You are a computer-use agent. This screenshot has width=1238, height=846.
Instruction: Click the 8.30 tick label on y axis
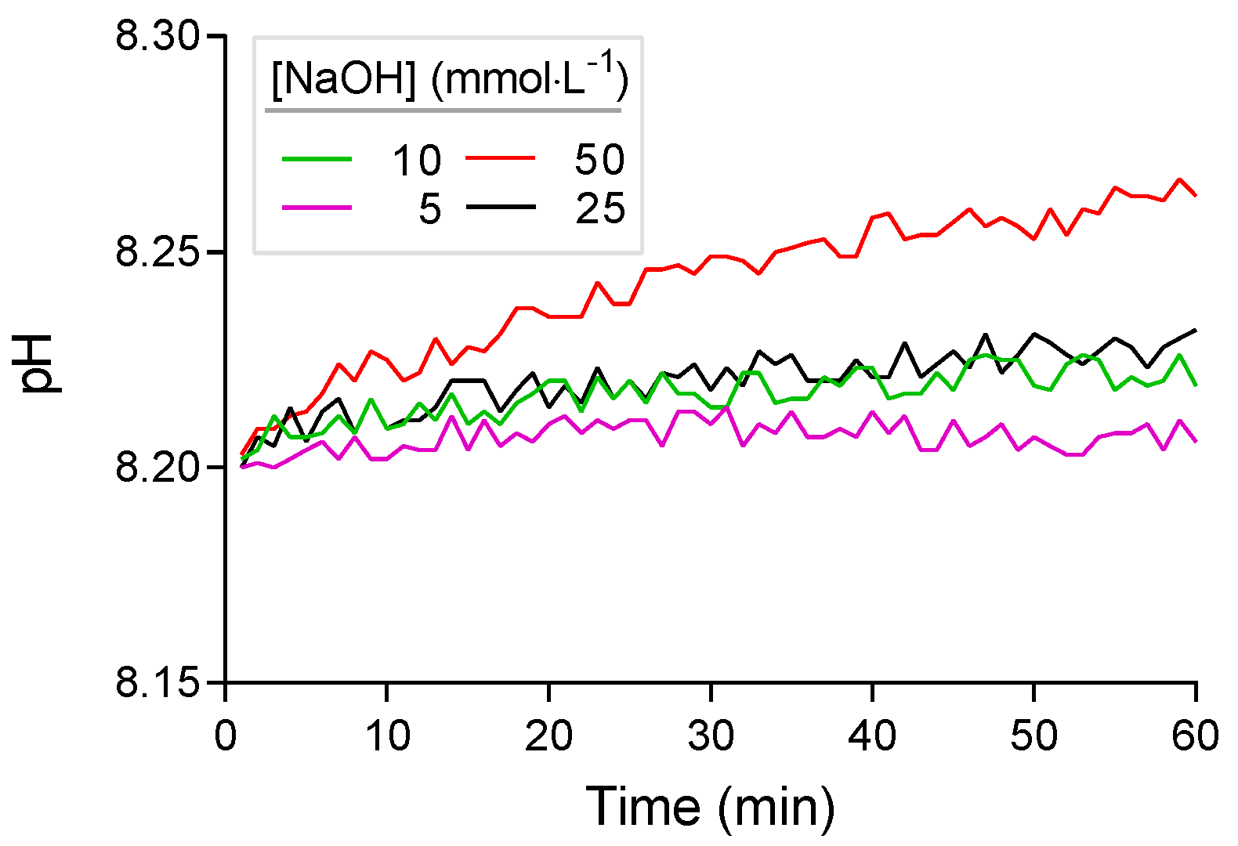(x=157, y=37)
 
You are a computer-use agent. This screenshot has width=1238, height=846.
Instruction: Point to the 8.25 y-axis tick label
(x=157, y=252)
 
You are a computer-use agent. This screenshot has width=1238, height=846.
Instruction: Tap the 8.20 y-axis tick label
(x=157, y=468)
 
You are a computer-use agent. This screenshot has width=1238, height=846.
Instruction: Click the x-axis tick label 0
(x=226, y=736)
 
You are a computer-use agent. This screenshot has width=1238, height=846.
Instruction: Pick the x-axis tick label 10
(x=387, y=736)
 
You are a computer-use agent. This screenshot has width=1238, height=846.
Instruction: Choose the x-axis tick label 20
(x=548, y=736)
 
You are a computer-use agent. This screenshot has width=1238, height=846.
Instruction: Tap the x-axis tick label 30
(x=711, y=736)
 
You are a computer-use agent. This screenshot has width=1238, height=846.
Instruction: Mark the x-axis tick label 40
(x=872, y=736)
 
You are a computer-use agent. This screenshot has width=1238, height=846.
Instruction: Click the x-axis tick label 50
(x=1033, y=736)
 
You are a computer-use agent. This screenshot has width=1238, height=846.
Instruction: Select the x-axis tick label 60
(x=1195, y=736)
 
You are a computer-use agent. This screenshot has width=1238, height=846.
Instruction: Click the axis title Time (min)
(x=710, y=806)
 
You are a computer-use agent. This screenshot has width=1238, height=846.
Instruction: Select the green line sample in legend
(x=317, y=159)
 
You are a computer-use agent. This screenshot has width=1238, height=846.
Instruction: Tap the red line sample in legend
(x=501, y=158)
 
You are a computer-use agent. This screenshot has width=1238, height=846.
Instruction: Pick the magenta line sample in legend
(x=317, y=208)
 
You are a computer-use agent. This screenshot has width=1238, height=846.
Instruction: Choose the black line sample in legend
(x=501, y=207)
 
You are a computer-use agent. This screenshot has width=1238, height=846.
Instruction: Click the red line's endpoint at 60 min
(x=1196, y=195)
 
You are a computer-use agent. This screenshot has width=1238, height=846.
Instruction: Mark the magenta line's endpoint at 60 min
(x=1196, y=441)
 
